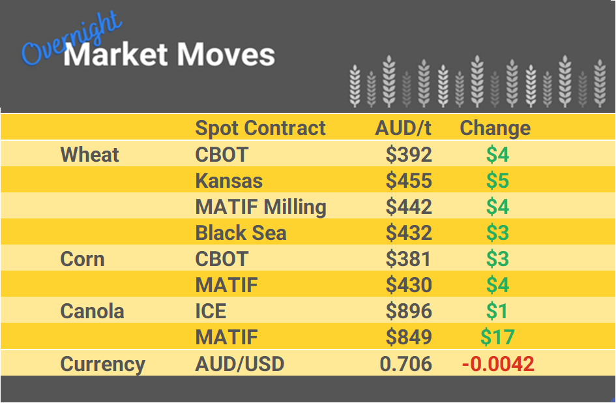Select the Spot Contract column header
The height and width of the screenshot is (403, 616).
260,128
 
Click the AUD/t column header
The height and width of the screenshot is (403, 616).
403,128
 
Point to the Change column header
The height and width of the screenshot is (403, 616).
495,128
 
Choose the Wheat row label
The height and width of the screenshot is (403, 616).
90,155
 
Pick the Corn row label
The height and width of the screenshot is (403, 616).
82,259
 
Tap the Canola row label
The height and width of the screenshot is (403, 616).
92,311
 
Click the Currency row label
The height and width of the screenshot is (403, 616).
102,363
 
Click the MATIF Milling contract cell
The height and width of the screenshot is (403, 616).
261,207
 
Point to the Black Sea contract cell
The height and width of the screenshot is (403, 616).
241,233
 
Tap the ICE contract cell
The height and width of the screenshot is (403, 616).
211,311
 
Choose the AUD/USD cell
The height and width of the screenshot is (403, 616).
240,363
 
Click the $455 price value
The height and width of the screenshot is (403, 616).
409,181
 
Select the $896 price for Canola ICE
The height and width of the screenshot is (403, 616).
409,311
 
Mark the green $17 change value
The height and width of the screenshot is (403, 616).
497,337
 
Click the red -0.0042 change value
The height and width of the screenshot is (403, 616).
498,363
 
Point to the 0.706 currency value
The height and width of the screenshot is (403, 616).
405,363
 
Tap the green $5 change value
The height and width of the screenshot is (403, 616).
497,181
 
